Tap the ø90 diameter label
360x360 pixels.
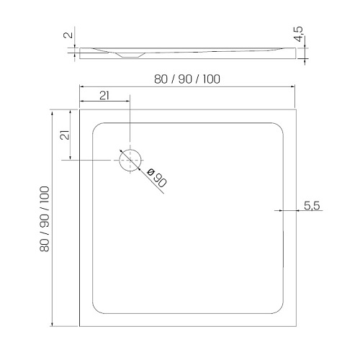[x=156, y=178]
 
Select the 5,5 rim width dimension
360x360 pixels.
[x=312, y=206]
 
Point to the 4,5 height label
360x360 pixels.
[x=299, y=34]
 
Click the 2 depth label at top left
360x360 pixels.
[x=68, y=35]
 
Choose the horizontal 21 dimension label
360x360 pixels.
[x=104, y=96]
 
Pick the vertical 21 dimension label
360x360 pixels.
[x=65, y=135]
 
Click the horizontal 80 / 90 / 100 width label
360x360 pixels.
[x=187, y=79]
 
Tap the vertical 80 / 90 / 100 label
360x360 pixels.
[x=45, y=219]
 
